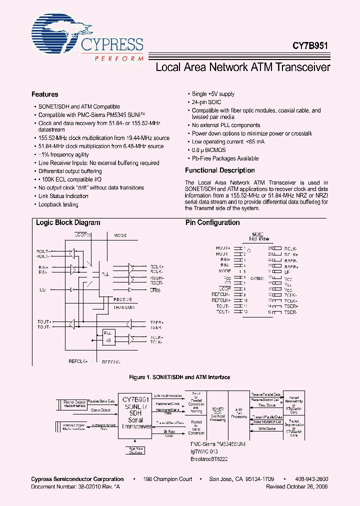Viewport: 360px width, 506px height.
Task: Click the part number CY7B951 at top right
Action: click(310, 45)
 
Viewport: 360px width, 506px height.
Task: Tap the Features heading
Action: click(44, 94)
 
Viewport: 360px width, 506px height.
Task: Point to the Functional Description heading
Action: click(219, 170)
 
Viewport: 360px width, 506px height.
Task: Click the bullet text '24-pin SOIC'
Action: click(207, 102)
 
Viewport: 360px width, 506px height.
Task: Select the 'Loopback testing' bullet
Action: click(58, 204)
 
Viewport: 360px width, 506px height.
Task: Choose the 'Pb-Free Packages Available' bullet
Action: click(225, 158)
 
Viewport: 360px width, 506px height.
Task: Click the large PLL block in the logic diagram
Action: click(105, 274)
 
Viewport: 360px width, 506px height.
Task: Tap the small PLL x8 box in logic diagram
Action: click(108, 336)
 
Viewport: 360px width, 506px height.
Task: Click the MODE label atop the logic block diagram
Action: click(120, 235)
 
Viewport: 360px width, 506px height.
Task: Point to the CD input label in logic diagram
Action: click(42, 289)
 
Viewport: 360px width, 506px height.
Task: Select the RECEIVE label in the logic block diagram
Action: click(122, 299)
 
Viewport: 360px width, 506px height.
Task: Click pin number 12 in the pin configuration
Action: click(245, 312)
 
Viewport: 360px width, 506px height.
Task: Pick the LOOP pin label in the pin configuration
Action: click(224, 288)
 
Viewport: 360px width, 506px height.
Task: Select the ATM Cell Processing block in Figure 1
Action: click(239, 413)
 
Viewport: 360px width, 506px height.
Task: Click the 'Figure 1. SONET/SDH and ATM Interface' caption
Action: click(180, 377)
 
